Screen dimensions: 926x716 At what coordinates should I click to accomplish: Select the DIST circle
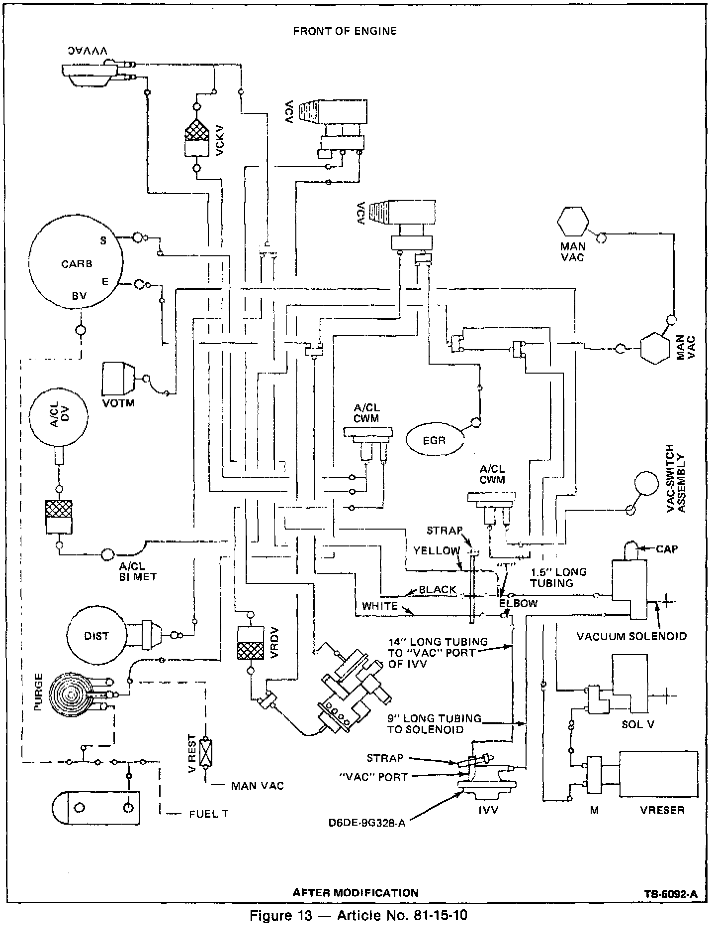point(96,636)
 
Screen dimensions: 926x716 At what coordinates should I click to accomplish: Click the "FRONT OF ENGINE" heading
point(345,31)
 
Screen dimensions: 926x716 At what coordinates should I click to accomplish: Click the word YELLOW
point(437,550)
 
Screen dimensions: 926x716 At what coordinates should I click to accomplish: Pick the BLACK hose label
point(438,590)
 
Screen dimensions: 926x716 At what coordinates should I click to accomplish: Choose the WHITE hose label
point(380,606)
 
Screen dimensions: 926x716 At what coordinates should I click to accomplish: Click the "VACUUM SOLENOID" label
point(631,636)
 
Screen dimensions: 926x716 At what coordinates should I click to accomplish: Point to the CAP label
point(667,549)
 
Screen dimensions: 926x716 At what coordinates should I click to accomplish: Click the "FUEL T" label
point(209,814)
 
